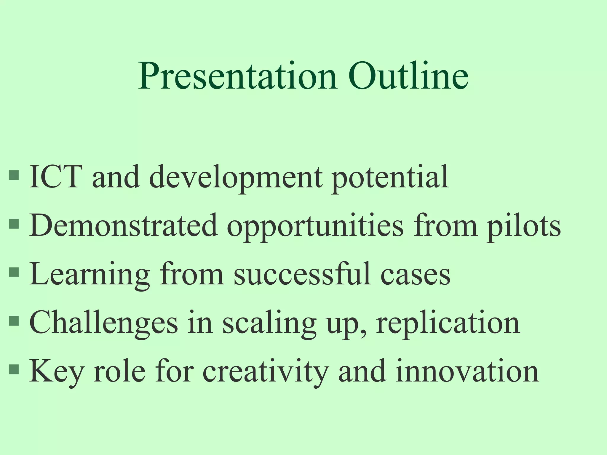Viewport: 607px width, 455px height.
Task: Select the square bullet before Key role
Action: (14, 369)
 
